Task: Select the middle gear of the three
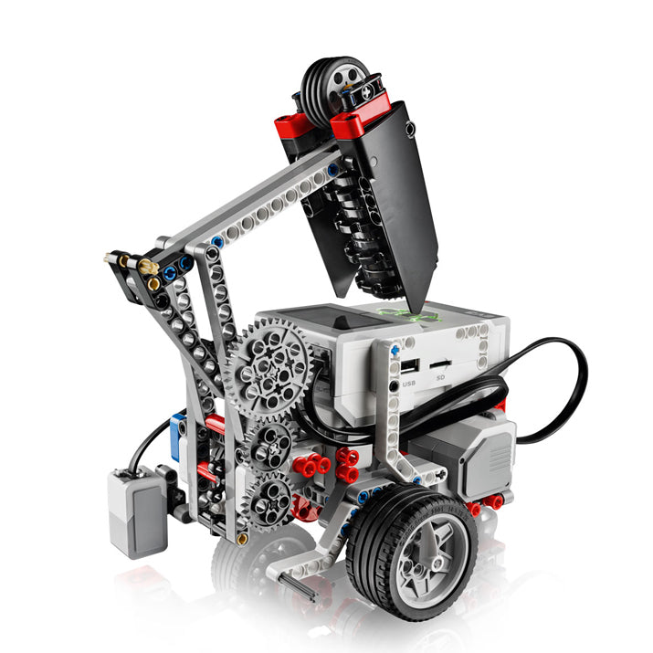pos(270,443)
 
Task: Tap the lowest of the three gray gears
pos(269,499)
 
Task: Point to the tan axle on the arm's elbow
pos(146,267)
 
